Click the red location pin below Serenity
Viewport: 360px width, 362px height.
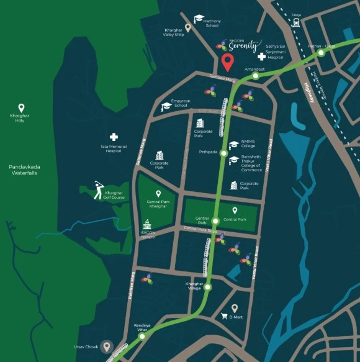(228, 62)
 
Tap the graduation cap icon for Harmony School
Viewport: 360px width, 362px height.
(199, 19)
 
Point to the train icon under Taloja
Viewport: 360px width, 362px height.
(296, 22)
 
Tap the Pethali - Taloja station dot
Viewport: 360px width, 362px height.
(321, 53)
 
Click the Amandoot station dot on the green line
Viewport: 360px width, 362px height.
(255, 76)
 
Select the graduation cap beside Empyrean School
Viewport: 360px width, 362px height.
(166, 106)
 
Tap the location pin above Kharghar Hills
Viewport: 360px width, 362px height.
(20, 107)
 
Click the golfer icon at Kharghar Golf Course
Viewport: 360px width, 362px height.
(98, 190)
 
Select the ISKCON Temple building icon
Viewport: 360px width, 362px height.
(147, 224)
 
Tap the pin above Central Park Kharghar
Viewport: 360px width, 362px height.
(158, 194)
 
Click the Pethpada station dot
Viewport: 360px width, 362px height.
(223, 153)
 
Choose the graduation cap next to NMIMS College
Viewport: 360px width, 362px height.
(233, 144)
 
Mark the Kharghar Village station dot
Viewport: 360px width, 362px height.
(208, 287)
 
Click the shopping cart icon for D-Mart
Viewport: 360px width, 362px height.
(224, 316)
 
